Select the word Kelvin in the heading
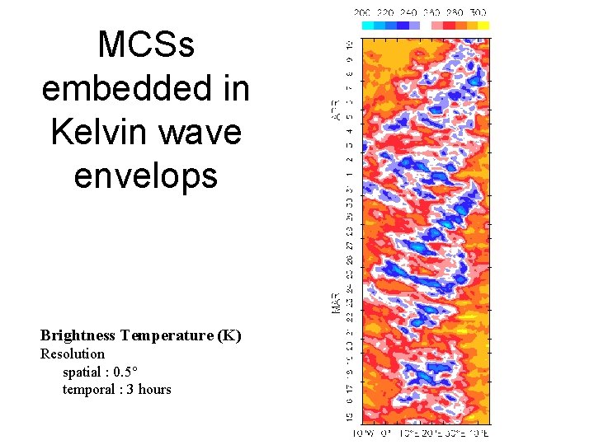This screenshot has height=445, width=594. click(x=99, y=130)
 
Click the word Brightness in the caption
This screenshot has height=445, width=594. click(x=78, y=335)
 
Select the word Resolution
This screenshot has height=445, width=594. click(x=73, y=354)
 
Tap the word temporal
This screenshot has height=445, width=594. click(x=89, y=389)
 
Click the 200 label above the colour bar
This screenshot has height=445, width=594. click(x=361, y=12)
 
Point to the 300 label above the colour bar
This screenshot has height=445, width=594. click(x=479, y=12)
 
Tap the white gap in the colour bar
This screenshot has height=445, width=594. click(x=426, y=26)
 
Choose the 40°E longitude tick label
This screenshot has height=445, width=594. click(x=480, y=433)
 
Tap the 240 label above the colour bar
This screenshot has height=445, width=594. click(x=408, y=12)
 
